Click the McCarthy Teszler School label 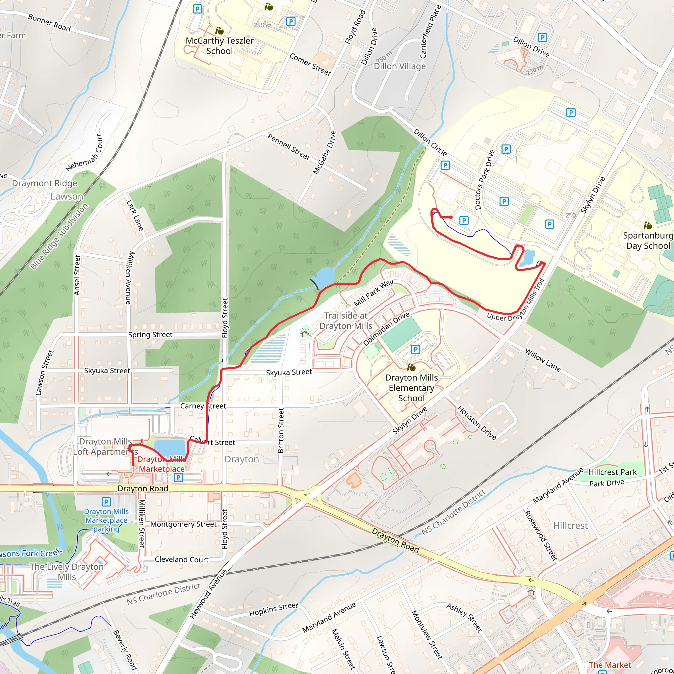tap(220, 46)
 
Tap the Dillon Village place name tap(400, 66)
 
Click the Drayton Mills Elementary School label tap(411, 388)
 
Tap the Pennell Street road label tap(289, 146)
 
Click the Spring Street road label tap(150, 335)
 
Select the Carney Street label tap(203, 406)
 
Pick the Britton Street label tap(281, 430)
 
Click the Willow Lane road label tap(543, 360)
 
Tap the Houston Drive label tap(477, 423)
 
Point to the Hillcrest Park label tap(612, 472)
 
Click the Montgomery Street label tap(184, 524)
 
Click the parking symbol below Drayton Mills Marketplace tap(178, 477)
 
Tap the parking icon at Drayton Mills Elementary tap(415, 349)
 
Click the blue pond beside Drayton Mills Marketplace tap(169, 448)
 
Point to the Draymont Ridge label tap(45, 184)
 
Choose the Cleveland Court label tap(181, 559)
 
